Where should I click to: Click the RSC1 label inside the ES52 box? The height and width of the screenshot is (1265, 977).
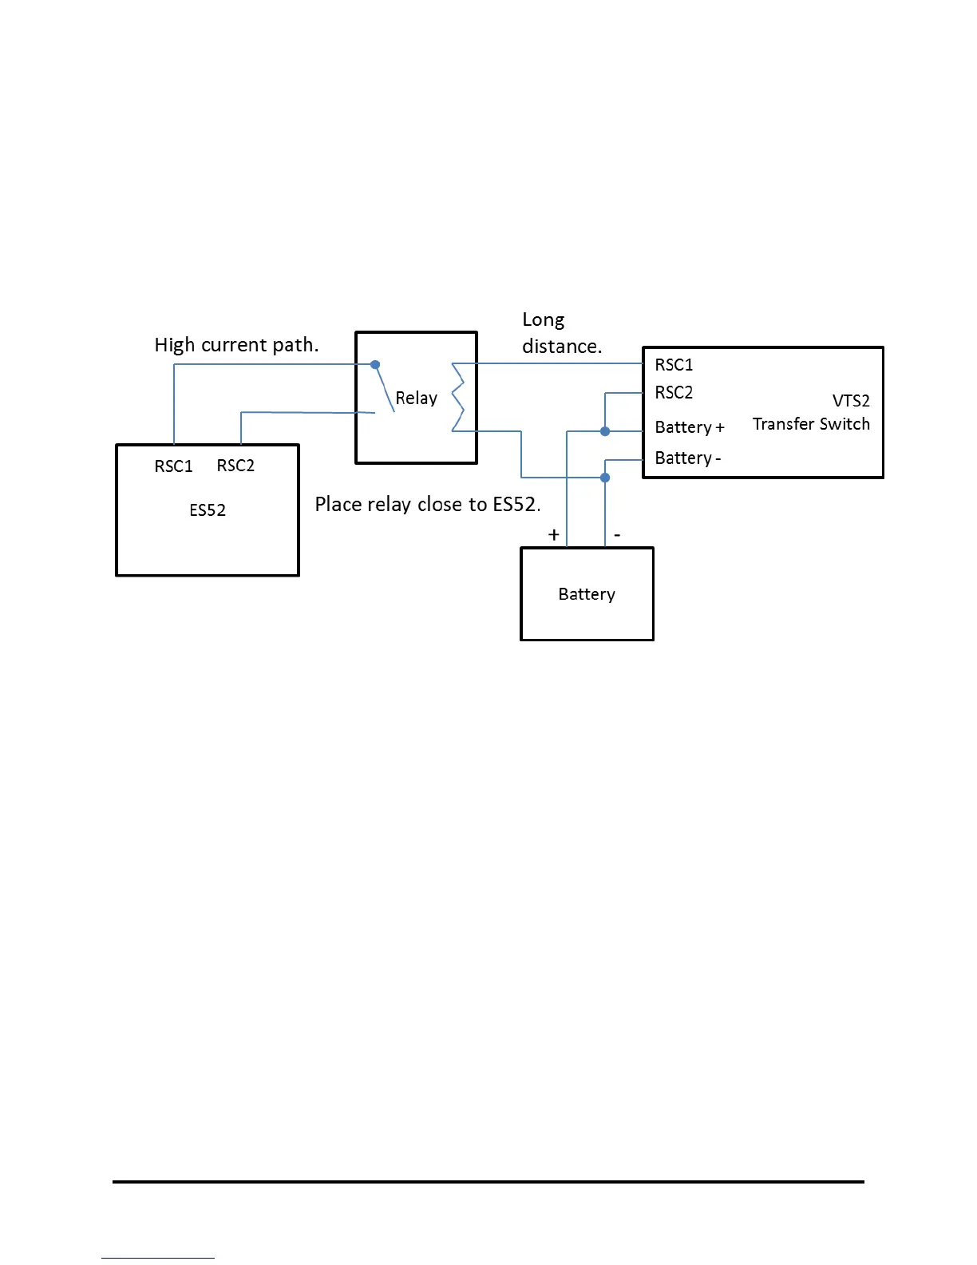click(x=173, y=466)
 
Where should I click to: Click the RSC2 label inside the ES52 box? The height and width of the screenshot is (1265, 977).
click(x=235, y=466)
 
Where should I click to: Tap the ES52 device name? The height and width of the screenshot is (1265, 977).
click(x=208, y=510)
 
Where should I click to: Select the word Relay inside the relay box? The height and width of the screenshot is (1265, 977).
click(x=416, y=398)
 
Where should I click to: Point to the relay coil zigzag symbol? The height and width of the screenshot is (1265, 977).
click(x=458, y=397)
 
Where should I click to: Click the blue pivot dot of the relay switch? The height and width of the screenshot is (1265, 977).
click(x=375, y=365)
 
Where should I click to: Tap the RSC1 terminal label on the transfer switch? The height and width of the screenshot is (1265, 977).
click(x=674, y=365)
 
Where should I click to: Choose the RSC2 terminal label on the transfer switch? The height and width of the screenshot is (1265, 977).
click(x=674, y=393)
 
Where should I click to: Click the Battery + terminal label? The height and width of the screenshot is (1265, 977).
click(x=689, y=427)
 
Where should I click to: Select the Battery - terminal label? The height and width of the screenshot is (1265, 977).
click(x=687, y=458)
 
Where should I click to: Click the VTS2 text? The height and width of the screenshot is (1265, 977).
click(x=851, y=401)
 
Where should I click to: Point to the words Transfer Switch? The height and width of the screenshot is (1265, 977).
click(x=811, y=424)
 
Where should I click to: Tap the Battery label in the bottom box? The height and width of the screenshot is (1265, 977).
click(x=587, y=594)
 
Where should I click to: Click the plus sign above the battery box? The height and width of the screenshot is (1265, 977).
click(x=554, y=535)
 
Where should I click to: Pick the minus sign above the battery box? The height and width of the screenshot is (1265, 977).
click(x=617, y=535)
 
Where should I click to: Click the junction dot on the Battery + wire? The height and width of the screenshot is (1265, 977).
click(x=605, y=431)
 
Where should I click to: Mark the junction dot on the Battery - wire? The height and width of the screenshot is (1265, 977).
click(x=605, y=478)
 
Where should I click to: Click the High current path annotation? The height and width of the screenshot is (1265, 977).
click(x=236, y=345)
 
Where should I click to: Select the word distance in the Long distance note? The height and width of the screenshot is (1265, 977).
click(x=562, y=347)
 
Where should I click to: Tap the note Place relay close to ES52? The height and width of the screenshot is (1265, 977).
click(x=428, y=505)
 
